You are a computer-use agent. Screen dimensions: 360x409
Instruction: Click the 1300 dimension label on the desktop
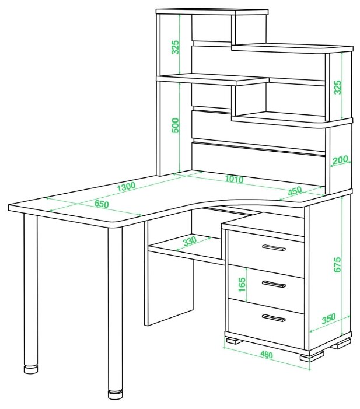click(126, 186)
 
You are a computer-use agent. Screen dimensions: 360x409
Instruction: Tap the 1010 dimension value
click(234, 179)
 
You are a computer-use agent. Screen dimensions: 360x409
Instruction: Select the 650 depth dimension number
click(102, 204)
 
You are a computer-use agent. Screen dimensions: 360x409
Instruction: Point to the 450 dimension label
click(295, 191)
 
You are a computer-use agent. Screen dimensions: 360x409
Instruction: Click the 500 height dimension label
click(176, 125)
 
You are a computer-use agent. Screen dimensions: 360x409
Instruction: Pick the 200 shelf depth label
click(340, 160)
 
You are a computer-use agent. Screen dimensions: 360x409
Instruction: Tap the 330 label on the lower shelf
click(190, 242)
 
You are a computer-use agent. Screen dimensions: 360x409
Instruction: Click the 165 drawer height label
click(242, 284)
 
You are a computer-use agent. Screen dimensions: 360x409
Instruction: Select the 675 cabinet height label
click(337, 265)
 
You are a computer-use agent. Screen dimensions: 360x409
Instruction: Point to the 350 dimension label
click(328, 319)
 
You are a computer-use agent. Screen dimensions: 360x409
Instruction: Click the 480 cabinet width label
click(266, 355)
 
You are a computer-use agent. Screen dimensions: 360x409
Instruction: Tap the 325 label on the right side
click(338, 88)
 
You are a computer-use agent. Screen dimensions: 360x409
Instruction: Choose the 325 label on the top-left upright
click(175, 47)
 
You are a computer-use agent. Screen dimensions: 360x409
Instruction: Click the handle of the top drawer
click(274, 247)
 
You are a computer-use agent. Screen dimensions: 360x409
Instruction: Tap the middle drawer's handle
click(274, 284)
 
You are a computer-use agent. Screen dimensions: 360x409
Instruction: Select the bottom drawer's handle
click(274, 318)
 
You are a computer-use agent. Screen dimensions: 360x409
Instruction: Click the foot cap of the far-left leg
click(30, 369)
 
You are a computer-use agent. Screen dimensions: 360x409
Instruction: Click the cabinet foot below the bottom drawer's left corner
click(235, 341)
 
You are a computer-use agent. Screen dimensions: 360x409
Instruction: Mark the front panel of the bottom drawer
click(266, 318)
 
